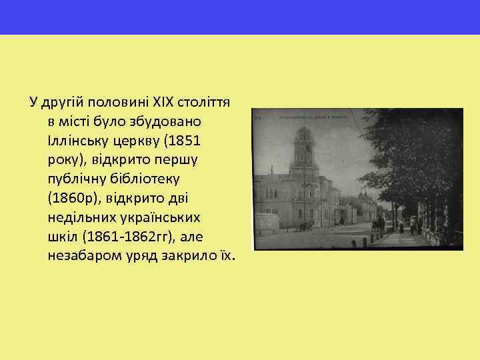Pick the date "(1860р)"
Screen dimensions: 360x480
(72, 199)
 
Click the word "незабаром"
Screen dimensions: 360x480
(81, 257)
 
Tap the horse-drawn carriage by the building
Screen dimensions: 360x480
(307, 225)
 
